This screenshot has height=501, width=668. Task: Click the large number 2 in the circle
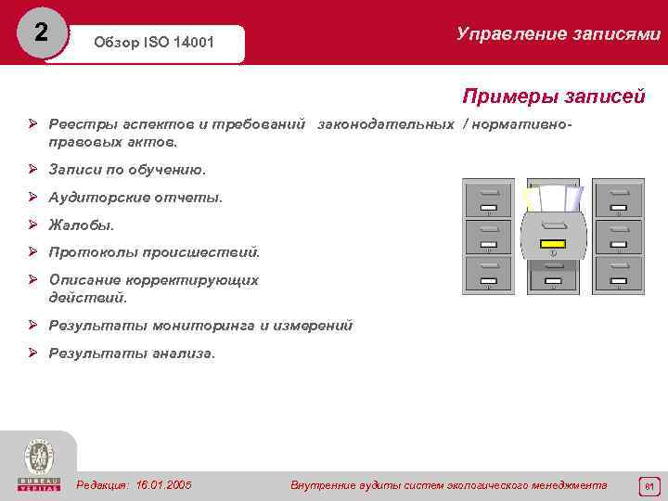click(40, 32)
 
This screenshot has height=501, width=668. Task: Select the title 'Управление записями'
click(559, 34)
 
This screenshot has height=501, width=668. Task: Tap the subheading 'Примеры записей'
click(553, 97)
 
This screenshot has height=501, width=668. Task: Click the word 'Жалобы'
click(82, 225)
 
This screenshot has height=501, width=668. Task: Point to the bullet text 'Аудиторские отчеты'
click(135, 198)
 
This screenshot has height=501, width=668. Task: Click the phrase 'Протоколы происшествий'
click(154, 252)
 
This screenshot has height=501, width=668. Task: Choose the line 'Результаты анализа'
click(131, 353)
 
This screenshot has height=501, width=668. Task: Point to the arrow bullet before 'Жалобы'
click(32, 225)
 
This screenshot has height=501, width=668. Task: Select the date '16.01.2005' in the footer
click(163, 485)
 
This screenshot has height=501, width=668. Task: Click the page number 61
click(649, 485)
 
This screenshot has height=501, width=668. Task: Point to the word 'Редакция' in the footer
click(103, 485)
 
